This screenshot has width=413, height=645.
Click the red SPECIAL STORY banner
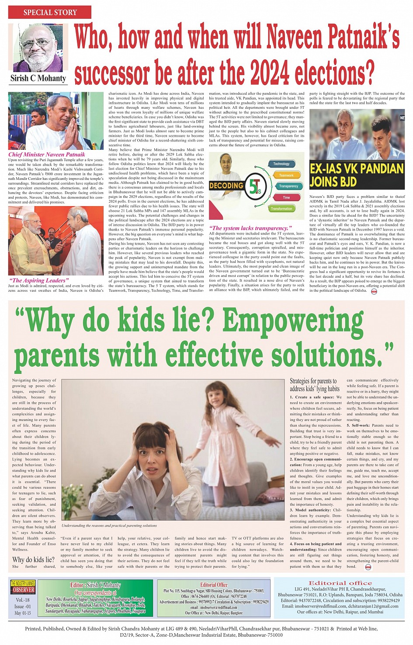(x=50, y=12)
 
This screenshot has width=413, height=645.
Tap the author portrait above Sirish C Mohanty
(x=38, y=48)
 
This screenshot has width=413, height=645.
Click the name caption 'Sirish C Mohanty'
(x=38, y=78)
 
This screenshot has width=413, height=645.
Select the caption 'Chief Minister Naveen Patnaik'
(x=47, y=154)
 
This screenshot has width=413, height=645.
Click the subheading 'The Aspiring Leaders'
(x=38, y=280)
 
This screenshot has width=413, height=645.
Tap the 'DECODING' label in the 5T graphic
(x=226, y=186)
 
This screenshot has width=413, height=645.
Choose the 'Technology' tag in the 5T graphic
(x=281, y=164)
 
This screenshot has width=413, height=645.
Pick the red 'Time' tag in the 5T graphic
(x=286, y=197)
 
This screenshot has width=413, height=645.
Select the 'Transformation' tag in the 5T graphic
(x=281, y=209)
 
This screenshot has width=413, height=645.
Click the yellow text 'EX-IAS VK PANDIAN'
(x=356, y=169)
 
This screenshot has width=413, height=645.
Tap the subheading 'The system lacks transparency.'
(x=250, y=228)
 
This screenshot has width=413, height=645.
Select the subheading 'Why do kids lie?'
(x=33, y=559)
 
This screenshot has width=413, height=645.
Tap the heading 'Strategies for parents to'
(x=313, y=381)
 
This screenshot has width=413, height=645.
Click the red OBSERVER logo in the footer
(x=23, y=590)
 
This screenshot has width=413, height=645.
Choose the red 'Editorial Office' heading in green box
(x=214, y=584)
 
